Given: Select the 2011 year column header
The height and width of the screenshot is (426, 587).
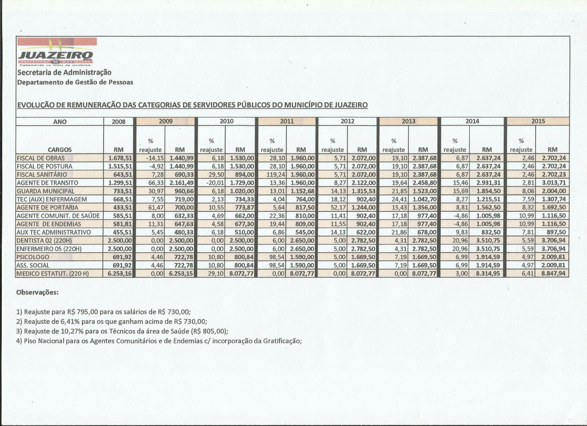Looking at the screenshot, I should [x=287, y=121].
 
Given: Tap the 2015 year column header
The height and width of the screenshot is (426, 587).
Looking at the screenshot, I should [x=538, y=121].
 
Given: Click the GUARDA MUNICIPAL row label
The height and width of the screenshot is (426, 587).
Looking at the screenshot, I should [x=45, y=191].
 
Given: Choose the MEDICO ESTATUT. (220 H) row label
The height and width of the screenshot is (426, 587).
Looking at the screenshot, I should [x=53, y=273].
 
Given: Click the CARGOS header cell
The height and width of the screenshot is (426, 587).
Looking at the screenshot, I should [x=59, y=149].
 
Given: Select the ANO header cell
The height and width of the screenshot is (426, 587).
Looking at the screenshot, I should [x=59, y=121].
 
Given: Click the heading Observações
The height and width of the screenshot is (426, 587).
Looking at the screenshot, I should [x=37, y=293].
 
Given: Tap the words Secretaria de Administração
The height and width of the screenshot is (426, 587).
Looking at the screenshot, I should [x=64, y=73].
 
